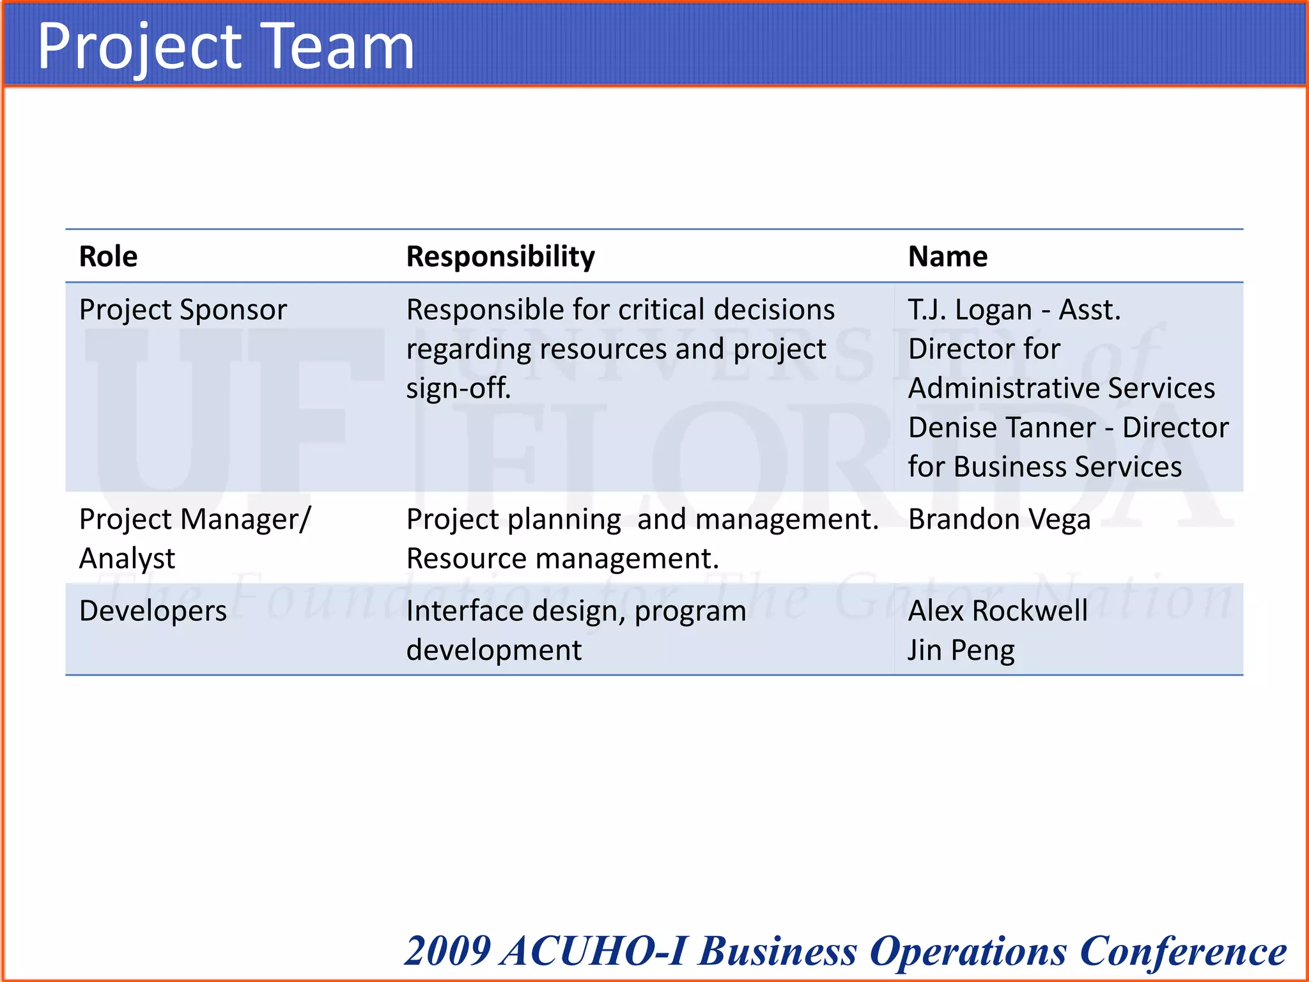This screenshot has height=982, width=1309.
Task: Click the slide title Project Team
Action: [226, 46]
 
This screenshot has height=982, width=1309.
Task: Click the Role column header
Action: [108, 256]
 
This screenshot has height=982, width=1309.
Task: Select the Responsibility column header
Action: [500, 256]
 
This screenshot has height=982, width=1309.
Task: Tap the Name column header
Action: [947, 256]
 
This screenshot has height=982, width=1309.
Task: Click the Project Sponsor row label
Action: [183, 310]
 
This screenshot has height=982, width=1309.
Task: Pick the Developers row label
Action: [153, 611]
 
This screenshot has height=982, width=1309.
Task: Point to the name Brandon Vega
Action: [999, 519]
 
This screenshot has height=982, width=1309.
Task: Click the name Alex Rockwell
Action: [998, 611]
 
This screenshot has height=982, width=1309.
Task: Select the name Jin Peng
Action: [961, 650]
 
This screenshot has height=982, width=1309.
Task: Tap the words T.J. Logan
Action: [970, 310]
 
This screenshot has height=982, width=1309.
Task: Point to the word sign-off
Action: [458, 388]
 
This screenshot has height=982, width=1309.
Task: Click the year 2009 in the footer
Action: [448, 951]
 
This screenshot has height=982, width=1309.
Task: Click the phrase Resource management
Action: [562, 559]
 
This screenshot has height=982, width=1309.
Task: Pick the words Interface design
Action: [515, 611]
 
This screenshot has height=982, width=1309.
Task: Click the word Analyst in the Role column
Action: [127, 559]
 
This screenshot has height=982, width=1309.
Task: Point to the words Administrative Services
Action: [1061, 388]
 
